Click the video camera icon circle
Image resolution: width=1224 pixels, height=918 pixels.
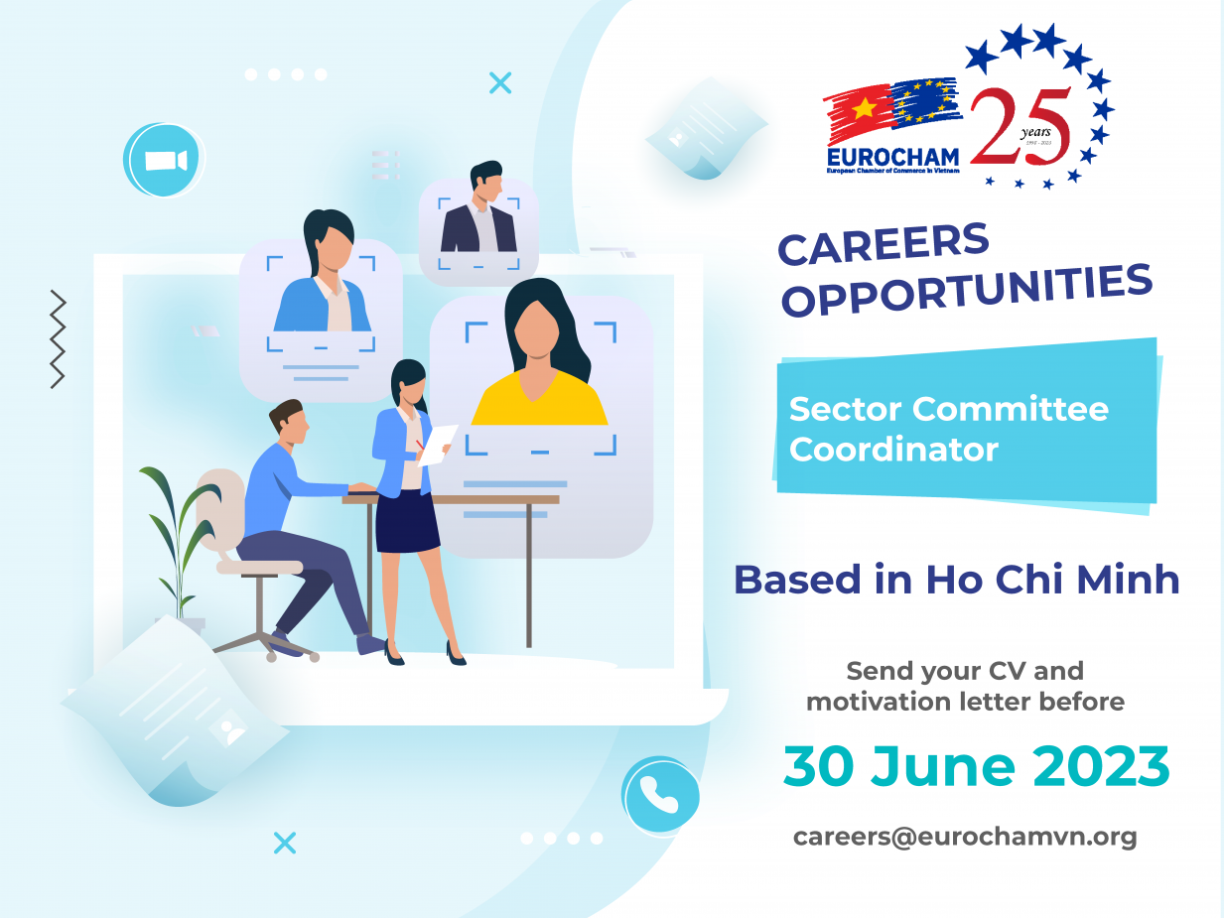coord(164,160)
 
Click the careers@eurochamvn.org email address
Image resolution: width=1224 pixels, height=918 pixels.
coord(965,838)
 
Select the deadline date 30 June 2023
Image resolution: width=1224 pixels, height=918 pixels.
coord(977,766)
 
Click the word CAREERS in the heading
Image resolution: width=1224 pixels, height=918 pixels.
coord(884,243)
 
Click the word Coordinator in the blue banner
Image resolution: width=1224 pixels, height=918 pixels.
coord(893,450)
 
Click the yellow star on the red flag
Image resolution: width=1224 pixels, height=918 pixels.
coord(864,107)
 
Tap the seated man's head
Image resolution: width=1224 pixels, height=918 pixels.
coord(289,421)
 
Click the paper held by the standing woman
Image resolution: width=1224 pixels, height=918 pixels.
coord(438,445)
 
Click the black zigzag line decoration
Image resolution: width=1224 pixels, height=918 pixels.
coord(58,338)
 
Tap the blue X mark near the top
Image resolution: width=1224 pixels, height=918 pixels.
coord(500,83)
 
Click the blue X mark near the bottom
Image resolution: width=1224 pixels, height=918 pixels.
coord(285,843)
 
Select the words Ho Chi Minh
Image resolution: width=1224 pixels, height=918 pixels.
coord(1053,580)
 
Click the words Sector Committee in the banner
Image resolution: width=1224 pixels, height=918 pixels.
coord(949,409)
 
